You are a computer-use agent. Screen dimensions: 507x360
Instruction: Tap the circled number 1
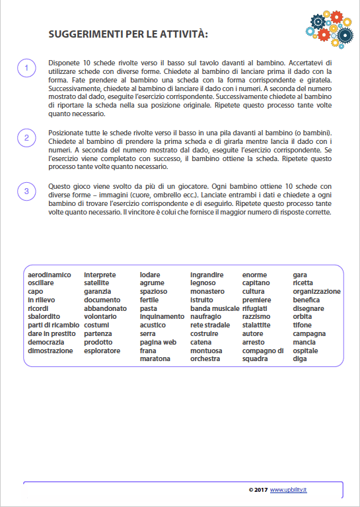[26, 68]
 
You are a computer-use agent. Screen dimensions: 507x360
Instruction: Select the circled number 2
[26, 137]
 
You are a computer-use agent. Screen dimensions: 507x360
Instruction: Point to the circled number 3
[26, 191]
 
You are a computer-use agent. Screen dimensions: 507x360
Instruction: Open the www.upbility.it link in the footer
[293, 489]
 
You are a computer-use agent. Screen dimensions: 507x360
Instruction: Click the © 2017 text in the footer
[258, 489]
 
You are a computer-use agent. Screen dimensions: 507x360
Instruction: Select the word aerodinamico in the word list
[49, 275]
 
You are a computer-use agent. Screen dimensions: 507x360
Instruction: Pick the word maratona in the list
[155, 359]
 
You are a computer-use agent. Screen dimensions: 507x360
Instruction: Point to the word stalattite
[256, 325]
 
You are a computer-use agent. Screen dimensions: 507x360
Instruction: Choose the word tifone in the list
[303, 325]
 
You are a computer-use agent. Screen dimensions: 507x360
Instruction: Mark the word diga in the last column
[300, 359]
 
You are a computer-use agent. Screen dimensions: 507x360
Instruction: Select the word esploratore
[102, 351]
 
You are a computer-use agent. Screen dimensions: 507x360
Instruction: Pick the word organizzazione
[317, 291]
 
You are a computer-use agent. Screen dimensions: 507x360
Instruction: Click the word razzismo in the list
[256, 317]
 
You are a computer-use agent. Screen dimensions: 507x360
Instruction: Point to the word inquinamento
[162, 317]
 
